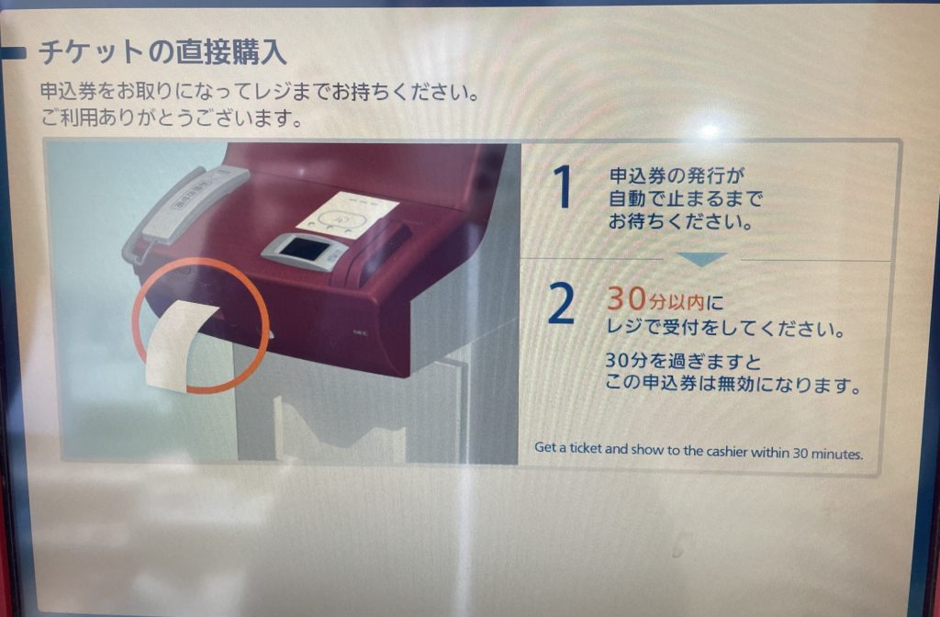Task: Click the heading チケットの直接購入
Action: [162, 51]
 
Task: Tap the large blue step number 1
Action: [563, 187]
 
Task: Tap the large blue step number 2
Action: [562, 304]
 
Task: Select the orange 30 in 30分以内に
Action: [626, 298]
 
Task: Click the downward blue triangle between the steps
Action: [702, 259]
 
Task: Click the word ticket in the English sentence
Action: [585, 448]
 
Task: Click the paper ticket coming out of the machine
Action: [180, 345]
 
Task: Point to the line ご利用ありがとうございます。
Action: [172, 118]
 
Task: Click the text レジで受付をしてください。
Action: [726, 328]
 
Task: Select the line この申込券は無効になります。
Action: [732, 384]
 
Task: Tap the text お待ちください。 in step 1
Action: [681, 222]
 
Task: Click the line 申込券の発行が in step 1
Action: [677, 175]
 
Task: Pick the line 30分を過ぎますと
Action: [683, 361]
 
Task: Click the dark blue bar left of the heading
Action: [13, 53]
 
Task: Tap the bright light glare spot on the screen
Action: [710, 129]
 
